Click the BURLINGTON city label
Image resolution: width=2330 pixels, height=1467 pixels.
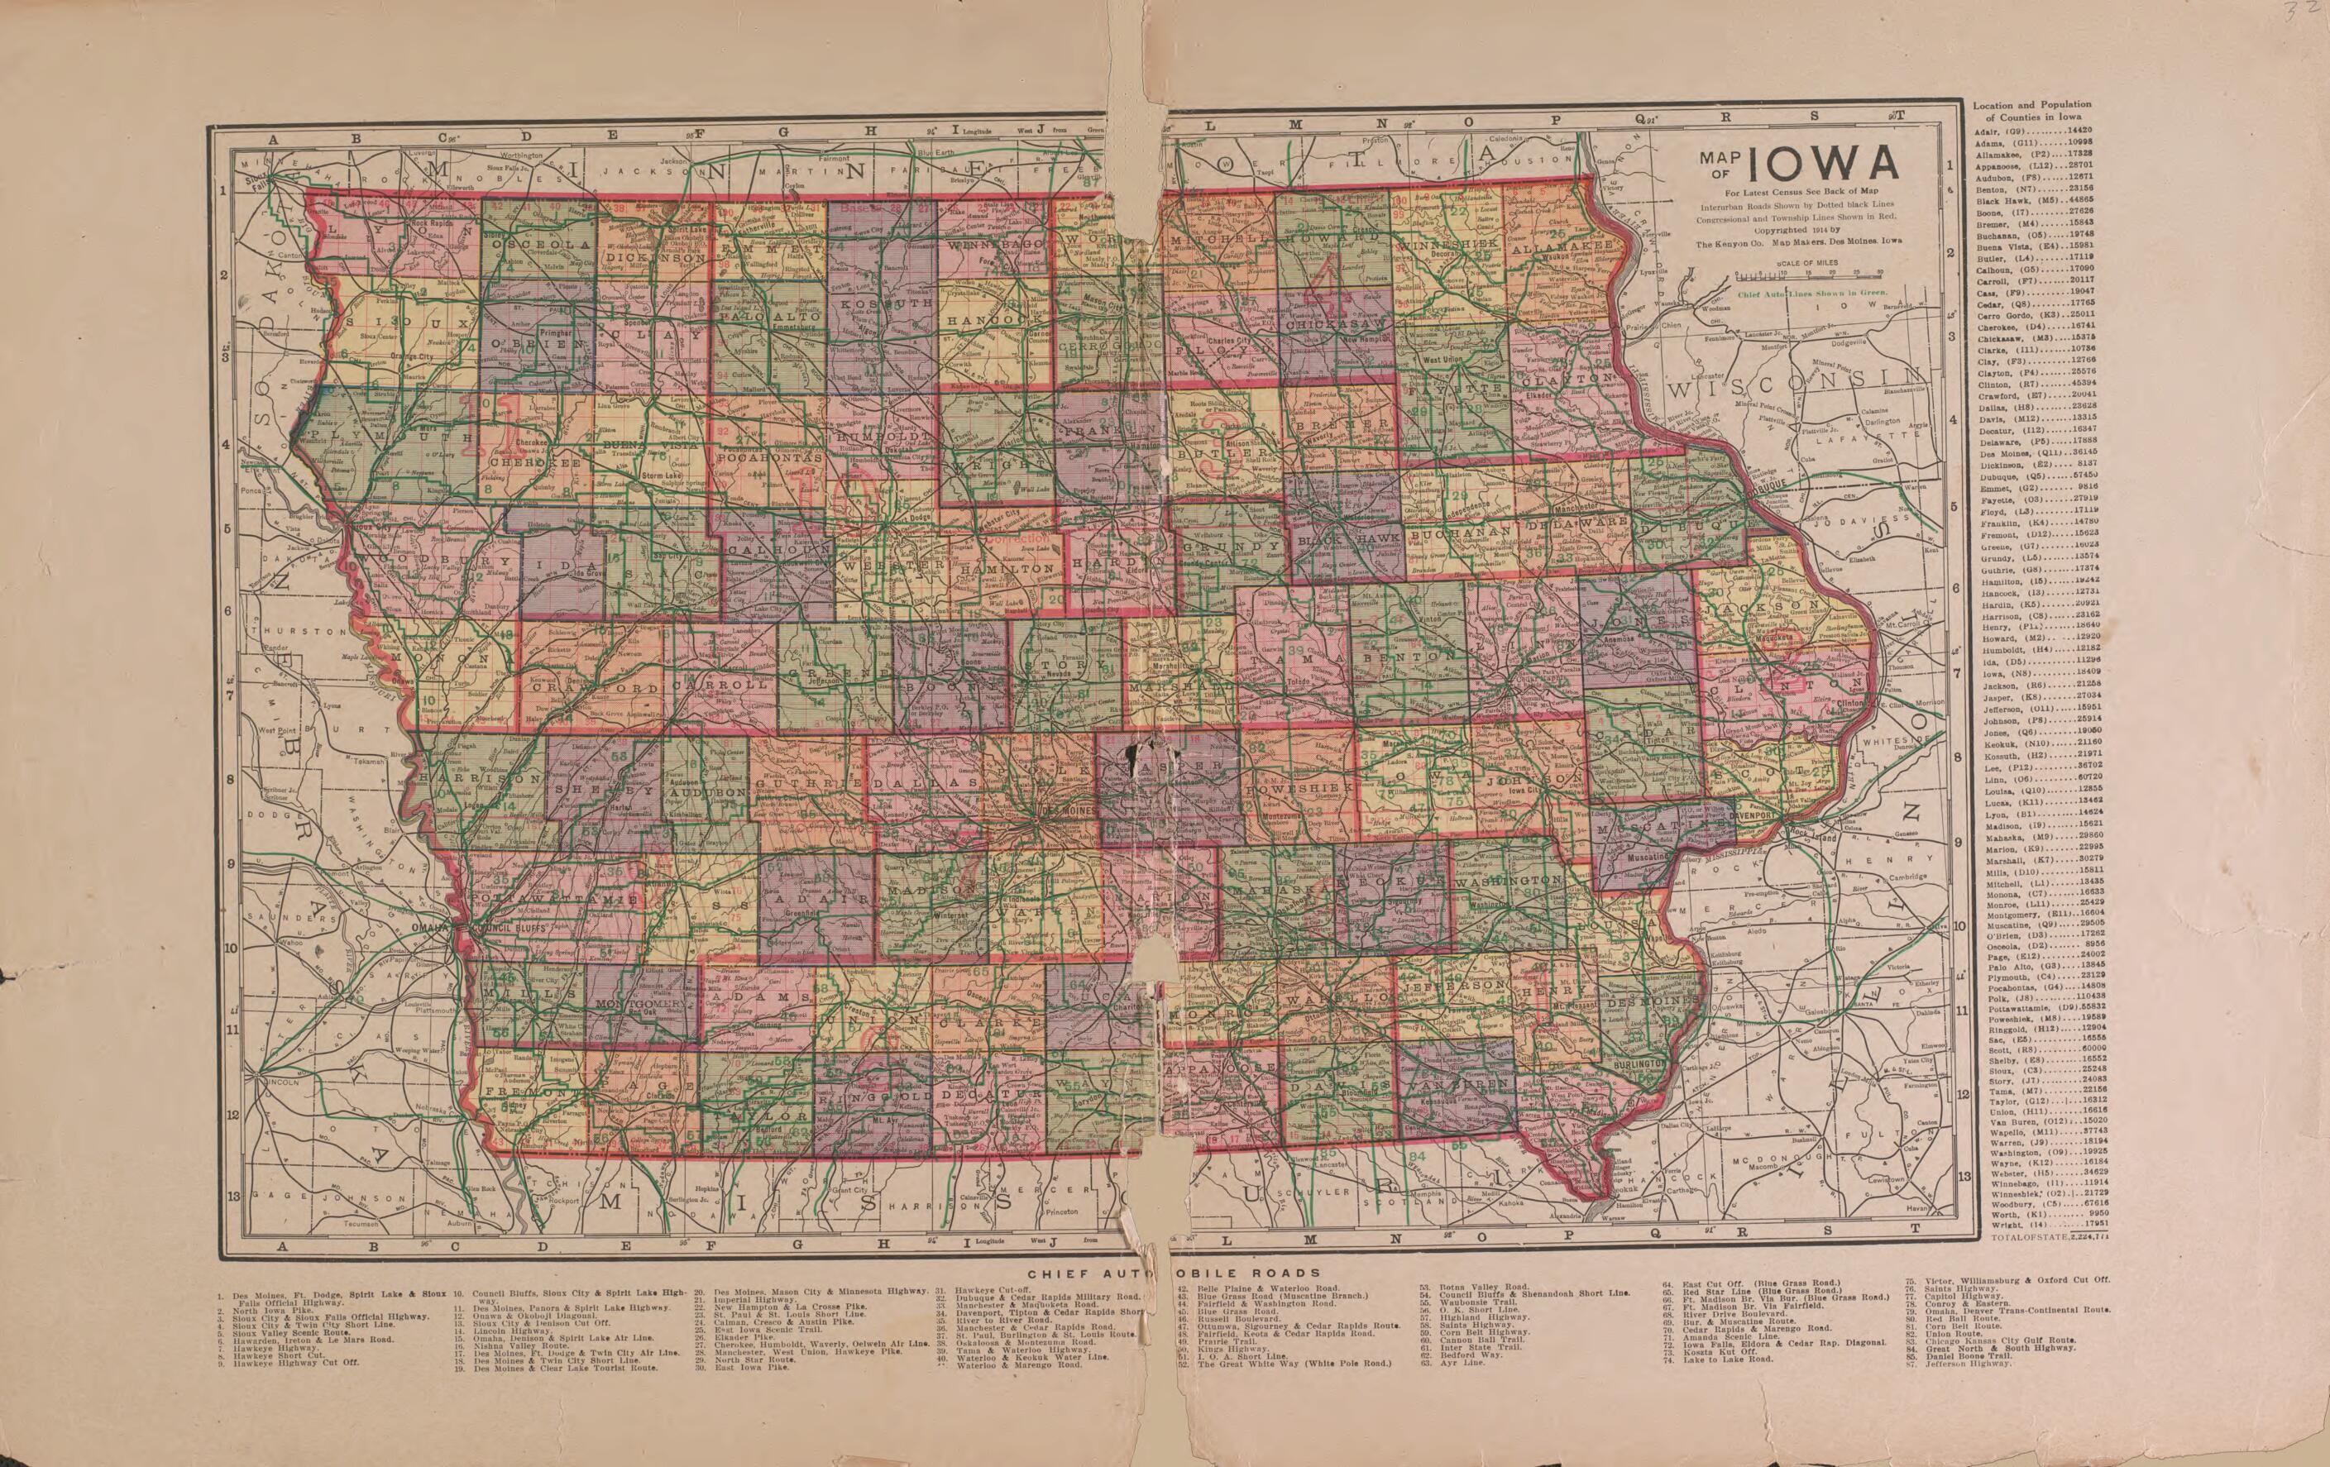click(1635, 1063)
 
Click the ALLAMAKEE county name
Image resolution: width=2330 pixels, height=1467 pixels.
click(1566, 246)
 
